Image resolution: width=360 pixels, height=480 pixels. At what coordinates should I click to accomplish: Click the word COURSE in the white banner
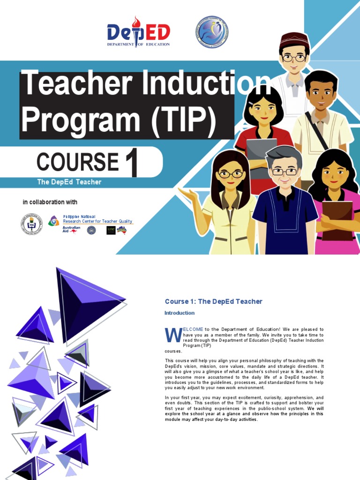pyautogui.click(x=78, y=162)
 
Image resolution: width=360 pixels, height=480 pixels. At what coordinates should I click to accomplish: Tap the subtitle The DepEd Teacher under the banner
pyautogui.click(x=69, y=182)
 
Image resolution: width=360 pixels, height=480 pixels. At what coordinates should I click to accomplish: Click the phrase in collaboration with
pyautogui.click(x=50, y=202)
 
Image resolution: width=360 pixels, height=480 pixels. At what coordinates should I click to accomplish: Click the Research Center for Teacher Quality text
pyautogui.click(x=97, y=221)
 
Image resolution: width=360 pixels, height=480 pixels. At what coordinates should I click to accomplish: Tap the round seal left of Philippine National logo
pyautogui.click(x=31, y=224)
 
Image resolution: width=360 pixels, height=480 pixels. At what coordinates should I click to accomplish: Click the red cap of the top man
pyautogui.click(x=294, y=39)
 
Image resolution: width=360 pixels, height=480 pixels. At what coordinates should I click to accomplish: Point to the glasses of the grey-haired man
pyautogui.click(x=284, y=172)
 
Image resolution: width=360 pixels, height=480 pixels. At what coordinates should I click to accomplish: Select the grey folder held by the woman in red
pyautogui.click(x=261, y=152)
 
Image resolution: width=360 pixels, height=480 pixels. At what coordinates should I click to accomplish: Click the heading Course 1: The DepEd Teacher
pyautogui.click(x=213, y=301)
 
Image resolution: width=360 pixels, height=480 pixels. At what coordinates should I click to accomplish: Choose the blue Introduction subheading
pyautogui.click(x=180, y=313)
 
